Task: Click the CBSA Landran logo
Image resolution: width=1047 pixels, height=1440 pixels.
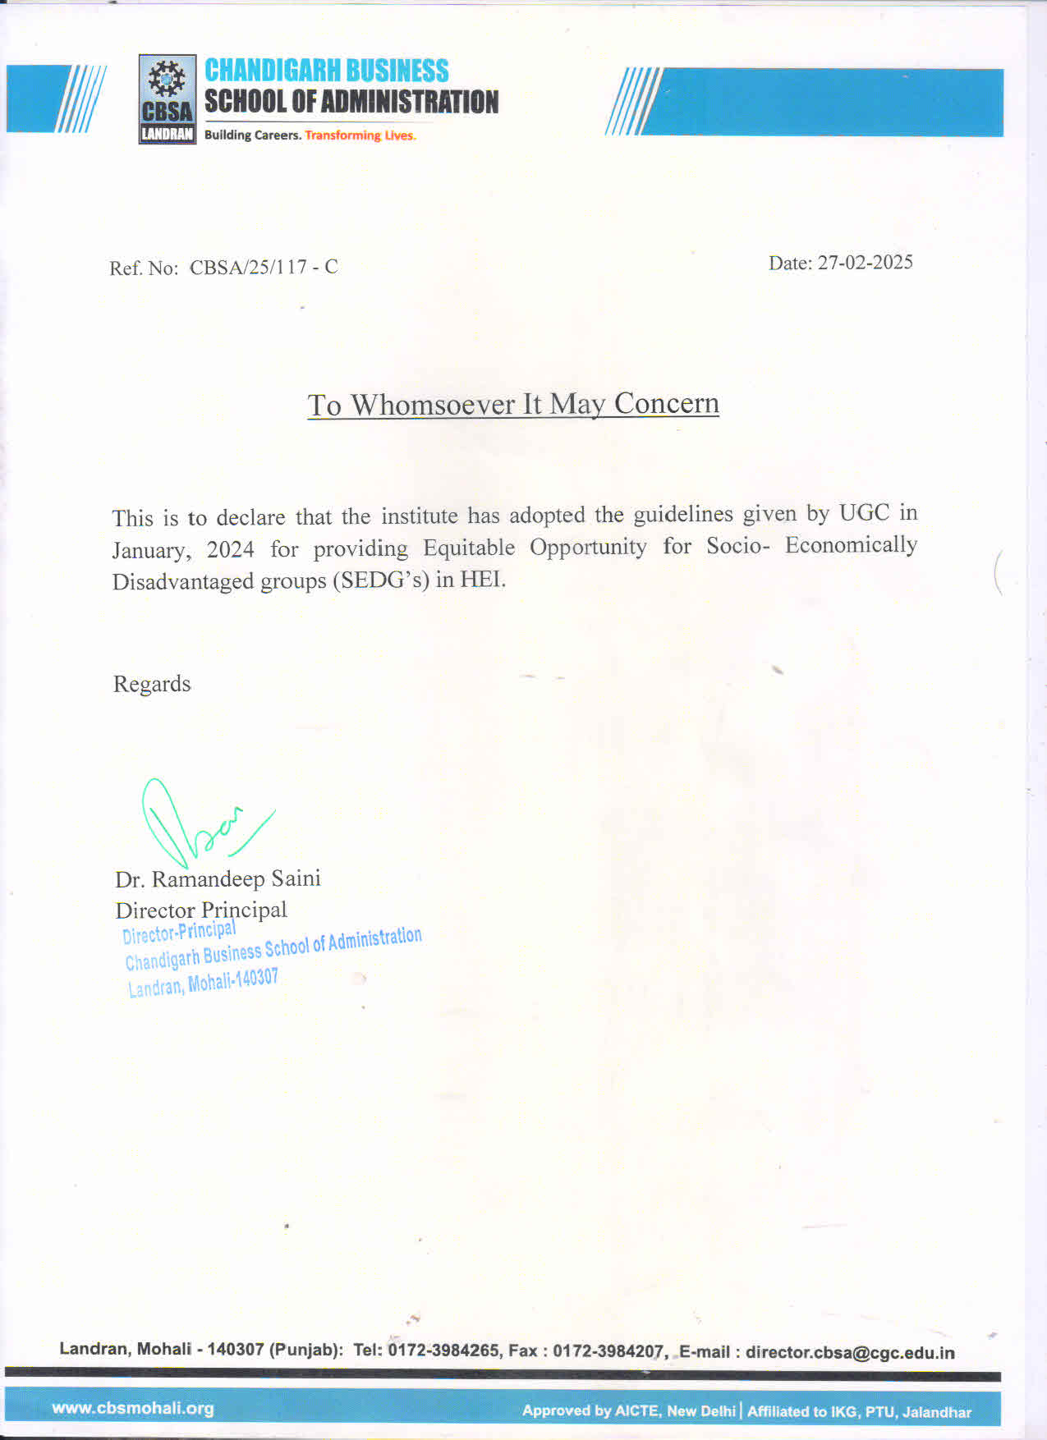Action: click(x=168, y=99)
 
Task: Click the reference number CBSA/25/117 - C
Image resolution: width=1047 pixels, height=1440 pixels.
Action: click(x=264, y=268)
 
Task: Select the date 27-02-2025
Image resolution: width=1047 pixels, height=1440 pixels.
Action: click(x=865, y=263)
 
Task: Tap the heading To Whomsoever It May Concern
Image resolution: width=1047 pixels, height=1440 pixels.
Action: click(x=513, y=404)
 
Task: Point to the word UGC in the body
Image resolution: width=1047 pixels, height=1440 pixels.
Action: click(x=864, y=513)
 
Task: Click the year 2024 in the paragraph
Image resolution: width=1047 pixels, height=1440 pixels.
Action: click(x=230, y=548)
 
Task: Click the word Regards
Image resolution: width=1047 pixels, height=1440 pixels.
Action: click(x=152, y=684)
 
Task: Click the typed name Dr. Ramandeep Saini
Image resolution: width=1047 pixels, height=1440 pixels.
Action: click(x=218, y=879)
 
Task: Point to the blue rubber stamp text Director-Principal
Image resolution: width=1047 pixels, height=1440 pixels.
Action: click(x=179, y=932)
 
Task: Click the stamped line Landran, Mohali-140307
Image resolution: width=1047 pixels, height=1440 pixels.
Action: click(x=203, y=983)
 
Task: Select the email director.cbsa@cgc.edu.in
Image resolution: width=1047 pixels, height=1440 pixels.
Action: click(x=850, y=1353)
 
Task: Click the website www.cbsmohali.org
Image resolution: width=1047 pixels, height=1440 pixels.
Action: click(x=133, y=1409)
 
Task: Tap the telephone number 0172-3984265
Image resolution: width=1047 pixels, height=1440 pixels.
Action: click(x=443, y=1351)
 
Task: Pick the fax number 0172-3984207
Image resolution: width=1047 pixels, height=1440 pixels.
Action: click(x=608, y=1351)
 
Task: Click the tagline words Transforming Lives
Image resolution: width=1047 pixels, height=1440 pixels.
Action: click(x=360, y=135)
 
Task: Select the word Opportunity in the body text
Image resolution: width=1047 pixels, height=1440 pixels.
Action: click(x=588, y=547)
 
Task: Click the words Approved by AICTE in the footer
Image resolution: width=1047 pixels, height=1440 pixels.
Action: click(x=590, y=1411)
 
